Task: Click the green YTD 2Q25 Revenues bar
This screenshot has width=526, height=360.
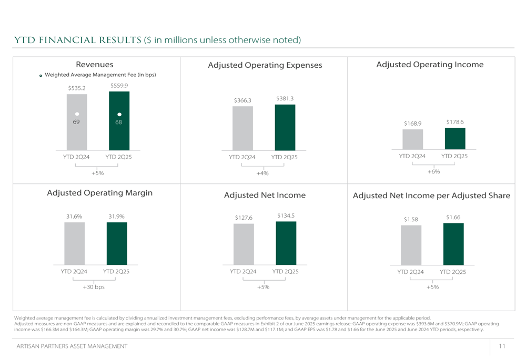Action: point(119,121)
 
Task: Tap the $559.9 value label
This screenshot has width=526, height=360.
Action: point(119,86)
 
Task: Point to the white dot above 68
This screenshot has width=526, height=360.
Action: point(119,114)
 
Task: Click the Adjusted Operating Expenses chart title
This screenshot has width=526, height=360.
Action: point(265,65)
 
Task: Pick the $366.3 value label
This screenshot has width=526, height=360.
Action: point(243,101)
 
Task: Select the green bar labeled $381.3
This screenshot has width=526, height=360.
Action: point(285,127)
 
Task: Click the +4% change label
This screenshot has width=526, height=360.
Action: point(262,173)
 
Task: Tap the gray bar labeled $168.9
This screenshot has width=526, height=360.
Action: point(412,139)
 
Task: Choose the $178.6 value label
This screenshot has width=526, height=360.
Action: point(455,122)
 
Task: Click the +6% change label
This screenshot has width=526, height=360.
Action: point(433,172)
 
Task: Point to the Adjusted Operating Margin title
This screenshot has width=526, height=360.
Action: point(100,193)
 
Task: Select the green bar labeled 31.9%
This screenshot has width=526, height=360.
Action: point(117,243)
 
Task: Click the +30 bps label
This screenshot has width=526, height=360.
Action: point(94,287)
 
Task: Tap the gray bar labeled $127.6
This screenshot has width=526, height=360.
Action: point(244,244)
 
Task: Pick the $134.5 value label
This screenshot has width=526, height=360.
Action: point(286,215)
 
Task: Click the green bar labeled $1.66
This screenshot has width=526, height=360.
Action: point(453,244)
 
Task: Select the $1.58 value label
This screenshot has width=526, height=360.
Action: point(411,219)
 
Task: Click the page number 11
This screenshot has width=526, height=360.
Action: point(502,346)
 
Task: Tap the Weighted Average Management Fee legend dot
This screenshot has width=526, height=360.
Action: point(41,76)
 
